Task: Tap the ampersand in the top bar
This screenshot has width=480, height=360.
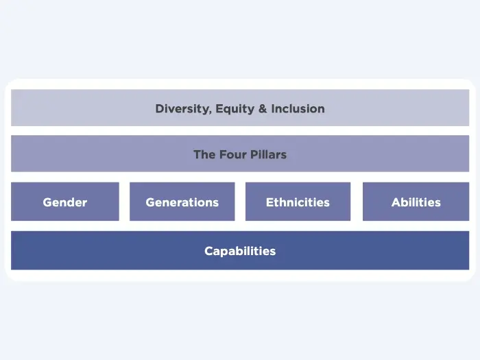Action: pyautogui.click(x=262, y=108)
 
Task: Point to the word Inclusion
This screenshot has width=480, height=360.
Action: pyautogui.click(x=298, y=108)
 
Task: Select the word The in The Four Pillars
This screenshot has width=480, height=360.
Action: pyautogui.click(x=204, y=154)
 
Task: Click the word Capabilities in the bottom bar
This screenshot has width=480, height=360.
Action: pyautogui.click(x=240, y=251)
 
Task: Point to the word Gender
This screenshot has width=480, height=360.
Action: pyautogui.click(x=65, y=202)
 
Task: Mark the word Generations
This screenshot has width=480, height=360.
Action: pyautogui.click(x=182, y=202)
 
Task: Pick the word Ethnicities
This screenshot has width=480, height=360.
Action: pyautogui.click(x=298, y=202)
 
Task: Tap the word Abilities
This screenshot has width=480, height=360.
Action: pyautogui.click(x=416, y=202)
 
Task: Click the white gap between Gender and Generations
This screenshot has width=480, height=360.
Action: pyautogui.click(x=124, y=202)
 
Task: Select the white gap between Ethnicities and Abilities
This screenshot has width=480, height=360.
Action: pyautogui.click(x=357, y=202)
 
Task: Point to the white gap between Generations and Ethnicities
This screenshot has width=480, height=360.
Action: pyautogui.click(x=240, y=202)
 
